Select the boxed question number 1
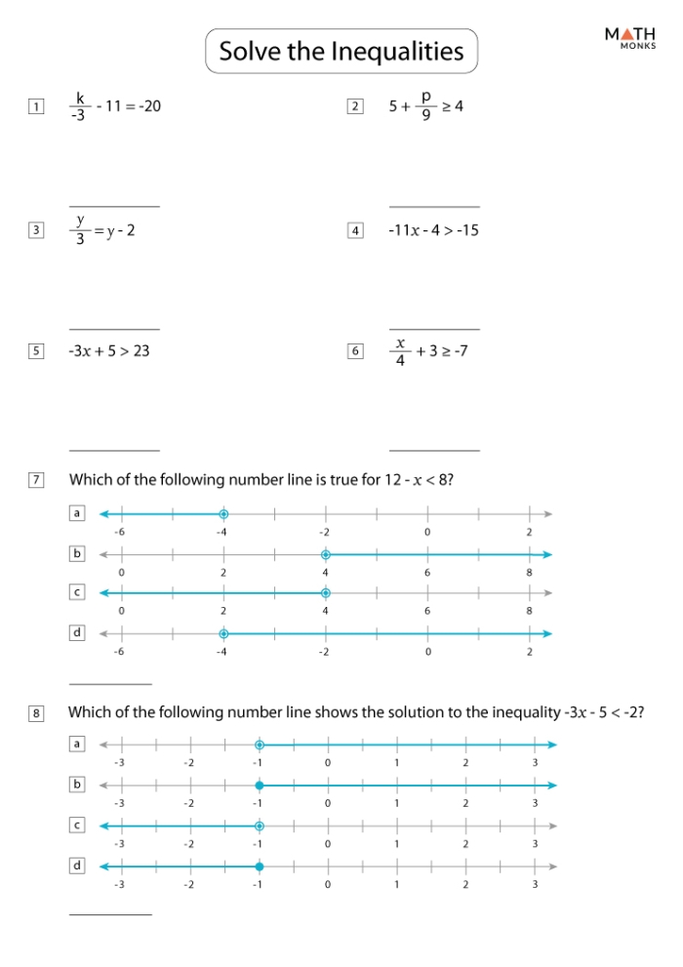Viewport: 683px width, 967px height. (x=36, y=106)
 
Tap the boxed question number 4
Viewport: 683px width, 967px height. (x=354, y=230)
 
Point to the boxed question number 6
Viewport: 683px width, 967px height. (x=354, y=350)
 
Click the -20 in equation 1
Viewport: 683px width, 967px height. (x=148, y=105)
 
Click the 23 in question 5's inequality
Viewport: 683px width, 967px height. (x=141, y=350)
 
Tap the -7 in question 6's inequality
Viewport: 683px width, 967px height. (x=460, y=350)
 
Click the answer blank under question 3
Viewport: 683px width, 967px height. (x=114, y=329)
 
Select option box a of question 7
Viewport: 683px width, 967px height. (x=77, y=512)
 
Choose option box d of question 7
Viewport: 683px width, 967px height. (x=77, y=632)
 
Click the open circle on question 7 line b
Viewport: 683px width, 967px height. (x=326, y=554)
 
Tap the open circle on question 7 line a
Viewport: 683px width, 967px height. (x=223, y=514)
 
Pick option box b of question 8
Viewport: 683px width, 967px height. (x=77, y=784)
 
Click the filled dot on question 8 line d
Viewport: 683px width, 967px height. (x=259, y=866)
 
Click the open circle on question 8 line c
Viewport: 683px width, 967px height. (x=259, y=826)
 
